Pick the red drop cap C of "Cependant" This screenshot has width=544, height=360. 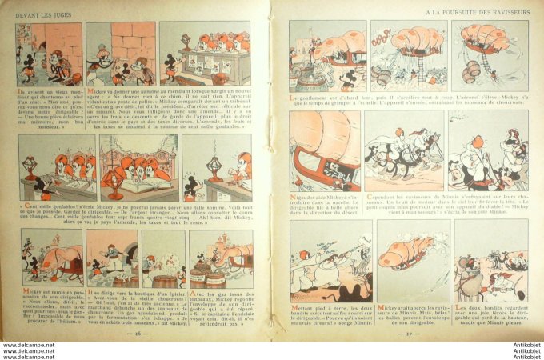(369, 192)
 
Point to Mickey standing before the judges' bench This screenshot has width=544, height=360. (170, 64)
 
